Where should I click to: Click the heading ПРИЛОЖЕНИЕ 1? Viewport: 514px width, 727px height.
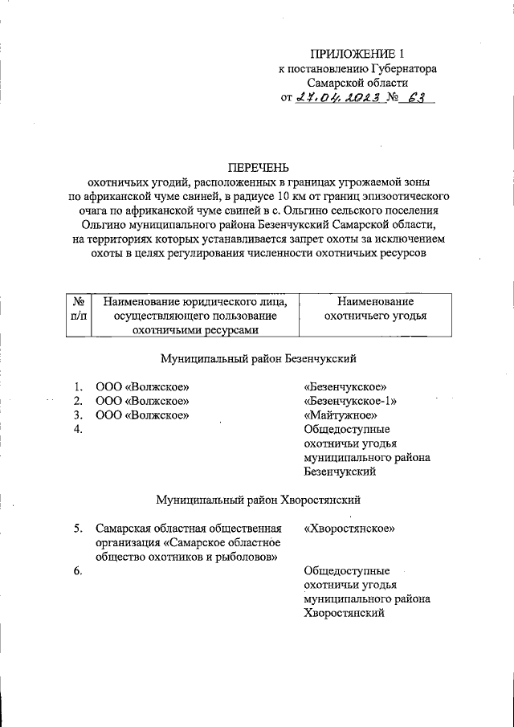357,54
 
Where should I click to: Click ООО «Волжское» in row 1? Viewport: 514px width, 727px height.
142,386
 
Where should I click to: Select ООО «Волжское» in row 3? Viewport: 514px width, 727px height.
142,415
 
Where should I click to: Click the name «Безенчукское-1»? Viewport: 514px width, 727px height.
350,400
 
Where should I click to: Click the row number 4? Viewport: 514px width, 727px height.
78,429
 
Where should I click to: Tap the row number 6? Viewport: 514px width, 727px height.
78,571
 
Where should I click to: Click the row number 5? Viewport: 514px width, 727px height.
78,529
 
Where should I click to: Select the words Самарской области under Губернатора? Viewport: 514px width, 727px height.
357,83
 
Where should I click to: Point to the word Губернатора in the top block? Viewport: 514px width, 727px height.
399,69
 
